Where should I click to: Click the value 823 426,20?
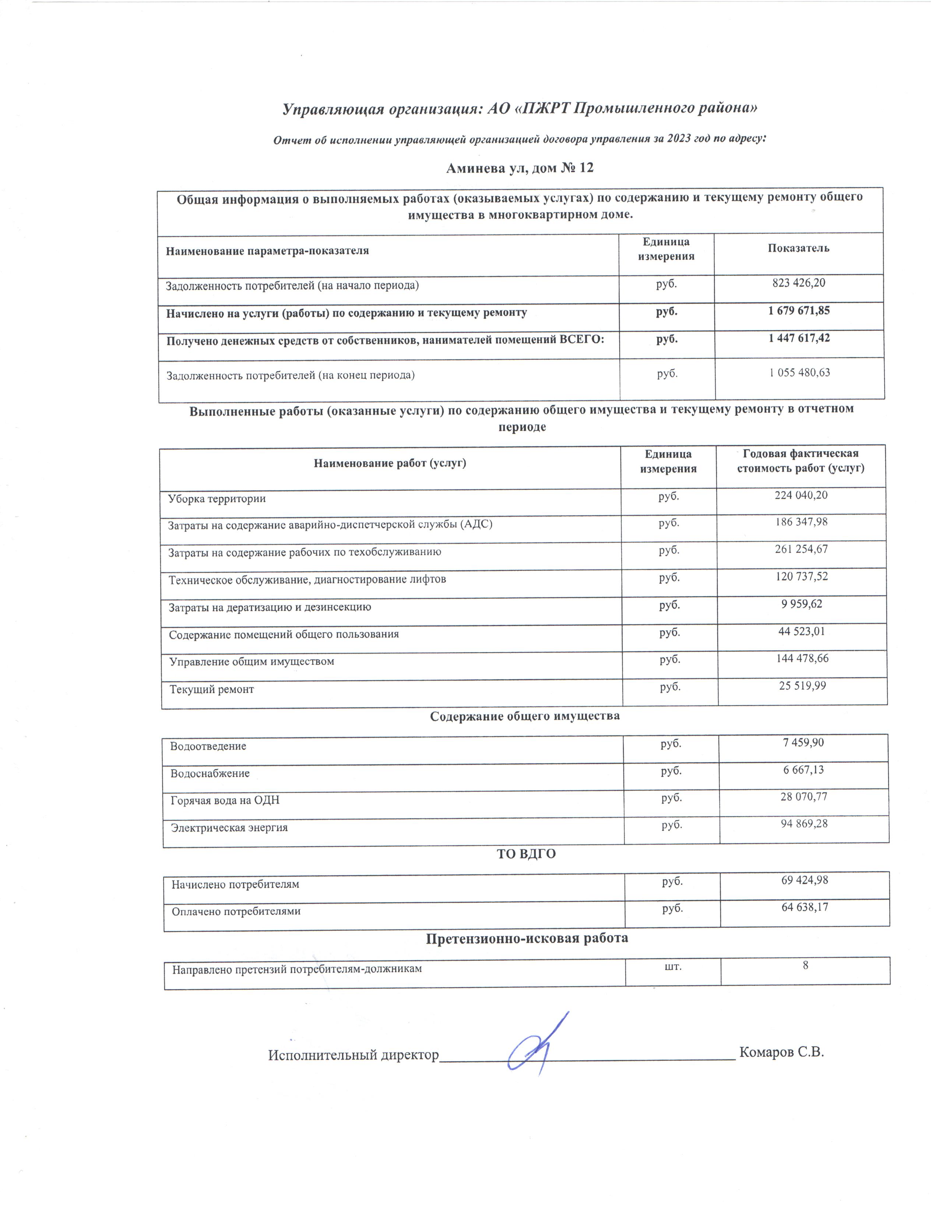click(798, 283)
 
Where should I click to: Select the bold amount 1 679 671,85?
click(799, 311)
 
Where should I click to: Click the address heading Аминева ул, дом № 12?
click(520, 168)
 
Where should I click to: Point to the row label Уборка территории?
click(217, 498)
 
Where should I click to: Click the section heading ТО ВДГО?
click(526, 854)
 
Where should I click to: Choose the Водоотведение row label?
click(208, 746)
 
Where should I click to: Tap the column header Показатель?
click(798, 248)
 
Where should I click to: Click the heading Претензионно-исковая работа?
click(527, 938)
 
